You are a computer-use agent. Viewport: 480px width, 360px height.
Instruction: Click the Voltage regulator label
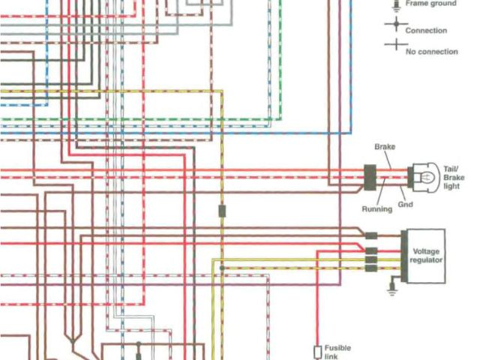click(x=426, y=255)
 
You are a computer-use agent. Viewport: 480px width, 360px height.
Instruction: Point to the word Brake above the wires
click(x=384, y=148)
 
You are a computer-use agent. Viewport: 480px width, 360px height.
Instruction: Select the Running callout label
click(x=376, y=209)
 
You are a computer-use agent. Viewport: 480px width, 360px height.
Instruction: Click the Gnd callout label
click(x=406, y=204)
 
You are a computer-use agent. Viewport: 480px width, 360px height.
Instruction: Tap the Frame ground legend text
click(x=430, y=4)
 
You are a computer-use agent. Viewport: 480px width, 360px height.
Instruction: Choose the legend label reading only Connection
click(x=425, y=31)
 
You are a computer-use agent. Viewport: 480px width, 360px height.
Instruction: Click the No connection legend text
click(x=430, y=52)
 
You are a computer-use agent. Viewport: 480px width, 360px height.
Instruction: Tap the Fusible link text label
click(x=337, y=352)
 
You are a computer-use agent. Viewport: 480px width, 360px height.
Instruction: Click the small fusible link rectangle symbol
click(x=317, y=352)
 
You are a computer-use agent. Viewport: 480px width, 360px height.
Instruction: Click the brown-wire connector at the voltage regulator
click(x=370, y=235)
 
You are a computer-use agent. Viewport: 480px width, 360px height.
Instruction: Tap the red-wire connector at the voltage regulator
click(x=370, y=250)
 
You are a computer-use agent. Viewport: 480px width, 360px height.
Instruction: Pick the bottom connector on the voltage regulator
click(x=370, y=268)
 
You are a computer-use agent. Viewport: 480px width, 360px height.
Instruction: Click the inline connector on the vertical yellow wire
click(x=222, y=211)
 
